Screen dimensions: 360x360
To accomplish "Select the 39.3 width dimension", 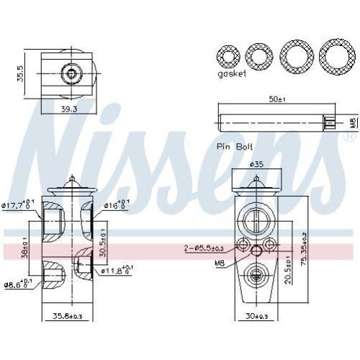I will (68, 109).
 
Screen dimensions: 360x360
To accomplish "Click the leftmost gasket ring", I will (230, 55).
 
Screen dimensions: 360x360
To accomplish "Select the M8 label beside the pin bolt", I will (352, 122).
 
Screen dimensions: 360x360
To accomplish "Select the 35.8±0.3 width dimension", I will (69, 317).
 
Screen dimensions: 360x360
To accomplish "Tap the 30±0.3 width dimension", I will (256, 317).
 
